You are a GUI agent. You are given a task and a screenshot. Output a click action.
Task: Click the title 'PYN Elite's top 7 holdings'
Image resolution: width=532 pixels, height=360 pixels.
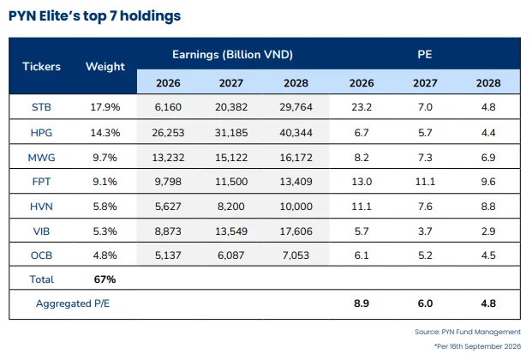(x=94, y=16)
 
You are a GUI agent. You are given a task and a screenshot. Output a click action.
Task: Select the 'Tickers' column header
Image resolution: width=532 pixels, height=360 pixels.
(x=41, y=66)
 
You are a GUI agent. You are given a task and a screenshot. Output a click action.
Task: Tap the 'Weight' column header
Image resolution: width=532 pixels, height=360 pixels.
(x=105, y=66)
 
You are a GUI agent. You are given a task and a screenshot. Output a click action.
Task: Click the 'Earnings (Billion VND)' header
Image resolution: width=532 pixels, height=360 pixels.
(x=232, y=54)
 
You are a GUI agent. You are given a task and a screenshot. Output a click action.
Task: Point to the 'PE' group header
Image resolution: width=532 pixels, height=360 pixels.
(x=425, y=54)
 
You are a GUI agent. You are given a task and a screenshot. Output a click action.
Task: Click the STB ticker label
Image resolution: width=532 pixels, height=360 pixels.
(x=41, y=107)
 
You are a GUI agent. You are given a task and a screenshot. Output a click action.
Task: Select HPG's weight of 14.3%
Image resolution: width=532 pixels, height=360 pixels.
(x=105, y=133)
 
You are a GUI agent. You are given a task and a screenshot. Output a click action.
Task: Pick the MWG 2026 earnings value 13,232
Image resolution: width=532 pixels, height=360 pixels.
(x=168, y=158)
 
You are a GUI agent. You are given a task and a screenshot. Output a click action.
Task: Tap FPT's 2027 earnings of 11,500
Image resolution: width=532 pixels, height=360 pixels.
(x=231, y=182)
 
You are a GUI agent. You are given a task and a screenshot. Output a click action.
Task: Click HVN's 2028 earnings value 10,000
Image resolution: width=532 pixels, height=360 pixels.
(x=296, y=207)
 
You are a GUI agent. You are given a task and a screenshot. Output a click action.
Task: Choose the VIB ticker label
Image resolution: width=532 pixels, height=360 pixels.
(x=41, y=231)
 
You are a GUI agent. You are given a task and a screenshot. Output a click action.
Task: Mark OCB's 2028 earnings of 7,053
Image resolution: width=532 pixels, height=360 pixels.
(x=296, y=255)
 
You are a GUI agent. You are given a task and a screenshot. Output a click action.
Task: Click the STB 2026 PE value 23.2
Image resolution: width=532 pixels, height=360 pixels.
(x=362, y=107)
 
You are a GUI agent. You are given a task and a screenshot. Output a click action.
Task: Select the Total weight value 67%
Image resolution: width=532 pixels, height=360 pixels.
(x=105, y=279)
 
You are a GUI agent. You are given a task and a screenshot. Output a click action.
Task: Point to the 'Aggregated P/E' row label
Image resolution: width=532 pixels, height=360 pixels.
(x=73, y=303)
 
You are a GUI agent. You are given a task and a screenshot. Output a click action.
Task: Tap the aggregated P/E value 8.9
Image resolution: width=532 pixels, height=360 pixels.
(x=362, y=303)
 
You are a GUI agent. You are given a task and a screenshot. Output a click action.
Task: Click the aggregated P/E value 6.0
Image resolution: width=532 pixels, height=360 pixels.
(x=425, y=303)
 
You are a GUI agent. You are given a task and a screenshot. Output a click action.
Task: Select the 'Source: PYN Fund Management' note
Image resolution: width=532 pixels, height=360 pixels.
(x=468, y=332)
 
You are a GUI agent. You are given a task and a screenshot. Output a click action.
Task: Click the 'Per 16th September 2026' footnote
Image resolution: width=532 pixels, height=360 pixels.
(x=478, y=346)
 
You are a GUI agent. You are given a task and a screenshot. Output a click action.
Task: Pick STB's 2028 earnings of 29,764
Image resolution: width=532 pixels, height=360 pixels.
(x=296, y=107)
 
